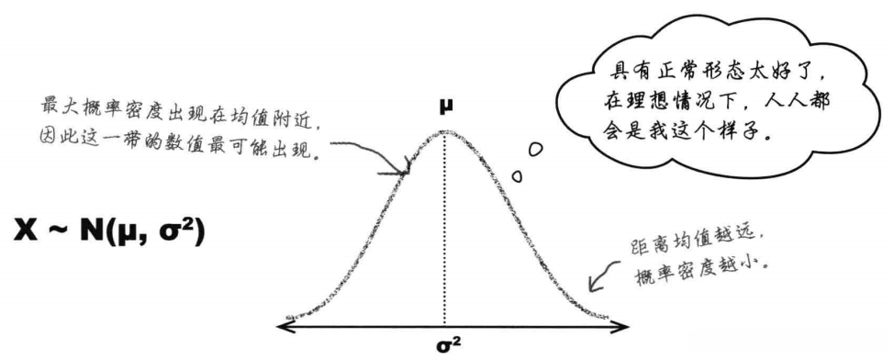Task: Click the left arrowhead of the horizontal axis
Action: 281,326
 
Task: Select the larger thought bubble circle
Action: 533,147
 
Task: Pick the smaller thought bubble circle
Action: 517,174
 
